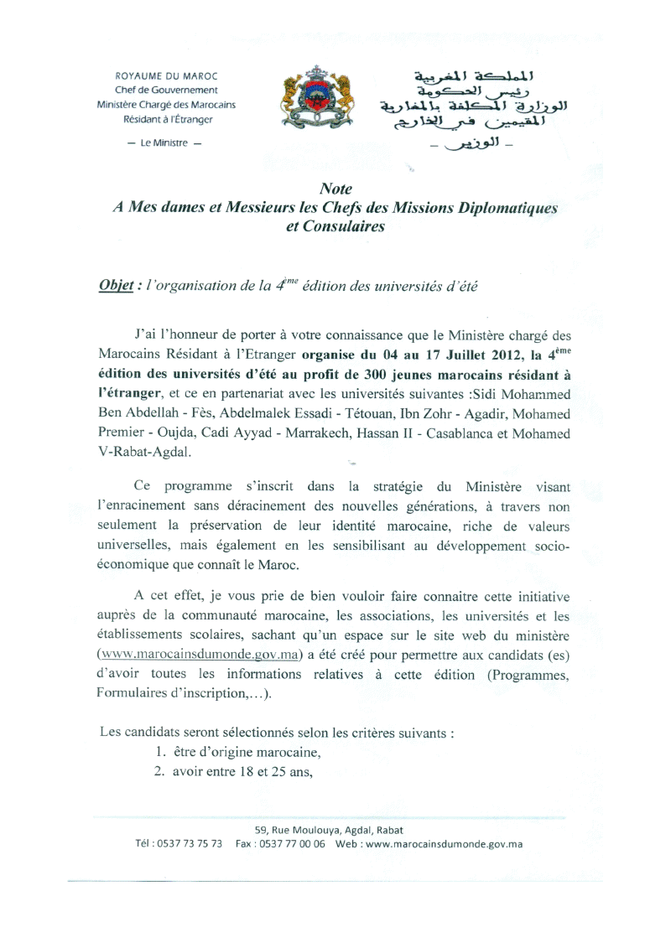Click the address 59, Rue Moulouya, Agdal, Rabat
coord(335,830)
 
